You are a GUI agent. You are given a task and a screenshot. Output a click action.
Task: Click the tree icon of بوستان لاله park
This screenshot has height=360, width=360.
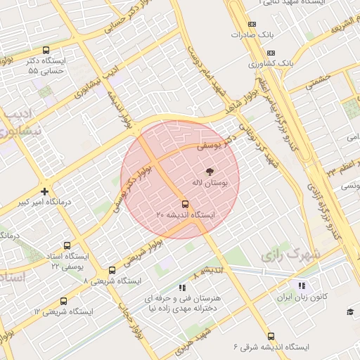pos(210,171)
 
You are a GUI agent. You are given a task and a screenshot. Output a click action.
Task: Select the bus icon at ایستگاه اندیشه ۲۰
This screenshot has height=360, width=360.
pos(185,205)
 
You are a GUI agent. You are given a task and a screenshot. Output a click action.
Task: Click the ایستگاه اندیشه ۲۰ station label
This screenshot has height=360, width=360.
pos(185,214)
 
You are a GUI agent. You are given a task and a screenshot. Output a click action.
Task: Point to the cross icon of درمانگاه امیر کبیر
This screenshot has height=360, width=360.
pos(45,191)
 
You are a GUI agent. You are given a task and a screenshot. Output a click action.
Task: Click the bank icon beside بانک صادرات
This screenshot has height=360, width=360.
pos(271,34)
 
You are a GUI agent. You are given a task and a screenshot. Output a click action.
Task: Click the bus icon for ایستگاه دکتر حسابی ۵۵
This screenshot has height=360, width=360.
pos(46,51)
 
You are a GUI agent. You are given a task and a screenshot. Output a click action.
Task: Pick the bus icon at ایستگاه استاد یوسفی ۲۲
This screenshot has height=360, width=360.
pos(67,246)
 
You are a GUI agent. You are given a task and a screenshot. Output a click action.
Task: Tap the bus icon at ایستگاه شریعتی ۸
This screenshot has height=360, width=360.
pos(112,271)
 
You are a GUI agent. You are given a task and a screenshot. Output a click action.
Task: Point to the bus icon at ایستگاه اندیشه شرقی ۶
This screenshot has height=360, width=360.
pos(271,336)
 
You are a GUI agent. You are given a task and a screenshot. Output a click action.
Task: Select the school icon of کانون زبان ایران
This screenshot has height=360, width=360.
pos(302,285)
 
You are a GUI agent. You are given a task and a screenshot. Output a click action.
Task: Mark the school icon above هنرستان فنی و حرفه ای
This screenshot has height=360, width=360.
pos(182,287)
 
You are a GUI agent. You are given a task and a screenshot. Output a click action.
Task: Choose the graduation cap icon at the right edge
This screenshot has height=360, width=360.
pos(350,311)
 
